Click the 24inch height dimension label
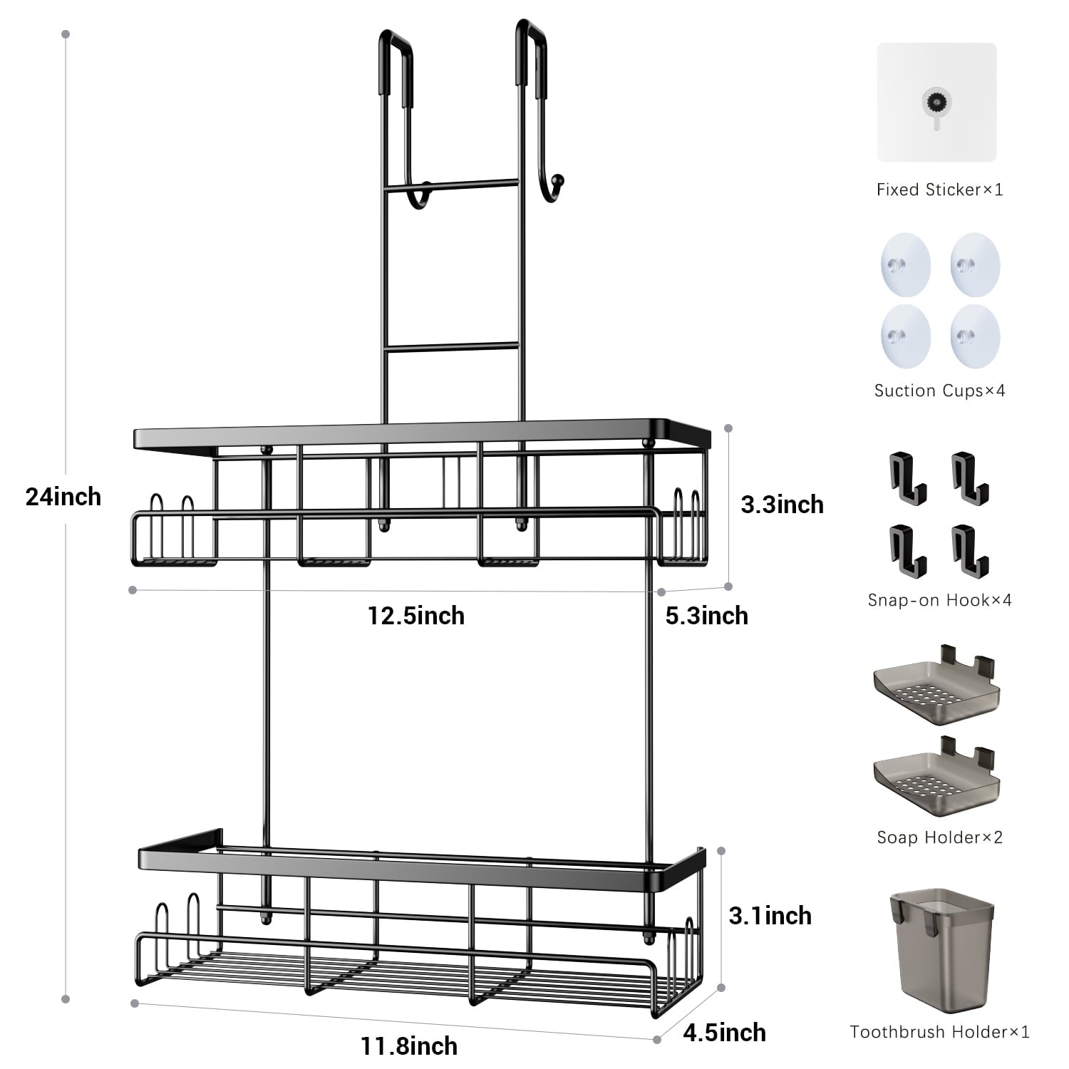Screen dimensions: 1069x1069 coord(63,497)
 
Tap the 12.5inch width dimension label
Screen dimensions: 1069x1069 coord(416,616)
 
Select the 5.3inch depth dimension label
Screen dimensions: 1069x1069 coord(706,616)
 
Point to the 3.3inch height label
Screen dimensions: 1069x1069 coord(782,505)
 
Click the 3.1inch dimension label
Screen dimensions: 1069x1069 coord(770,916)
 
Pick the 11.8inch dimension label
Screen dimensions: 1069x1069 coord(409,1046)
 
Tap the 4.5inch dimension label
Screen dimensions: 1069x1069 coord(724,1033)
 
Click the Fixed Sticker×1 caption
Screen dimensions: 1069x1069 coord(939,190)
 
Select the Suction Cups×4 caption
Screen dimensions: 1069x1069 coord(939,391)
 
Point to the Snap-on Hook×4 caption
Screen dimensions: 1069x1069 coord(939,600)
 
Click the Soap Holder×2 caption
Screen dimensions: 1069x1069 coord(939,837)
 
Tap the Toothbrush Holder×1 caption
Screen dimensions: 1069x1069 coord(939,1032)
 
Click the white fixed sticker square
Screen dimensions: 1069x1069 coord(936,103)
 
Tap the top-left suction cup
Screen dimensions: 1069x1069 coord(905,264)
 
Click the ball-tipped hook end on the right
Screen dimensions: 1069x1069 coord(558,180)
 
